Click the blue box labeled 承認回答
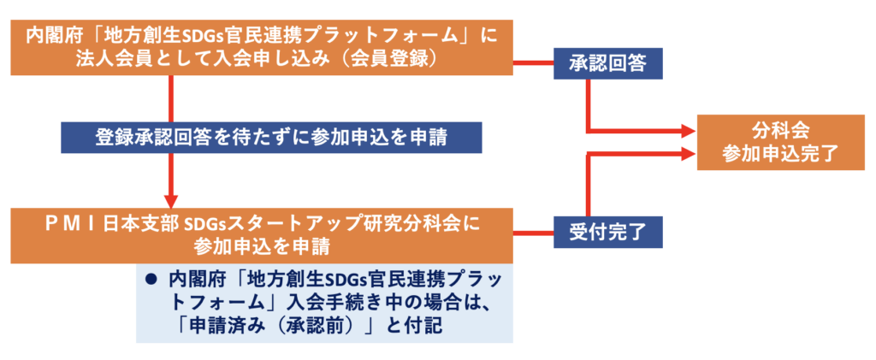608,63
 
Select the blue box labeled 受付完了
608,232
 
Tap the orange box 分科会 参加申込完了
780,142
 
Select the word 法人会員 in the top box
103,59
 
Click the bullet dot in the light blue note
149,280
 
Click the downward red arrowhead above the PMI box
171,201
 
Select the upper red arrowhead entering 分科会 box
690,133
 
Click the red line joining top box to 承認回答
534,62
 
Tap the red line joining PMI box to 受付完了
534,233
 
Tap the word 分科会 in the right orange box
780,131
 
